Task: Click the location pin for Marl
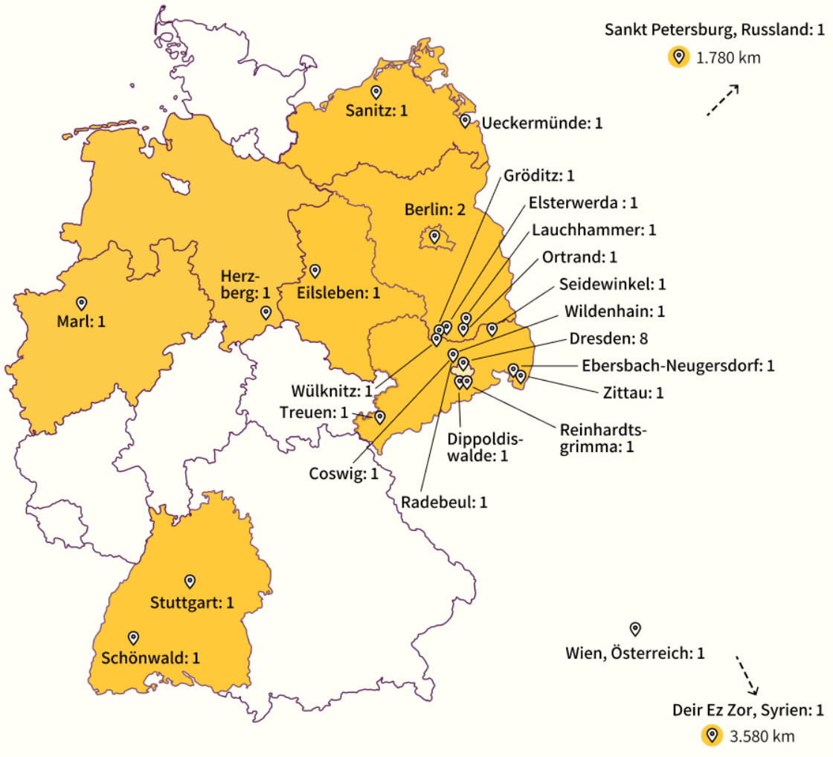82,303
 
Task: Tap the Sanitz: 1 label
377,112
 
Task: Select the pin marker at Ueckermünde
465,120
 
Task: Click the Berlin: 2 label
434,210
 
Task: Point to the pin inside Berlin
435,238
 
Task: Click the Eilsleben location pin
315,270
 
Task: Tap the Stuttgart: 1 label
192,602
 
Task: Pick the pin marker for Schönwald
134,637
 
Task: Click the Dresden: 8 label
608,338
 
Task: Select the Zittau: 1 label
634,392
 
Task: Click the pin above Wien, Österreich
635,629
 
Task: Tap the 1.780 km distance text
728,58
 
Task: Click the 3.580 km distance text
762,737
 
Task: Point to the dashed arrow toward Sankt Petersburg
721,101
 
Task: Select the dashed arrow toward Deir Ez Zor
747,674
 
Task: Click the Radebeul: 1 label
444,502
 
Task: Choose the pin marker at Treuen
379,417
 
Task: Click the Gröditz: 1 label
539,176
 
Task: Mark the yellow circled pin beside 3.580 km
713,736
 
